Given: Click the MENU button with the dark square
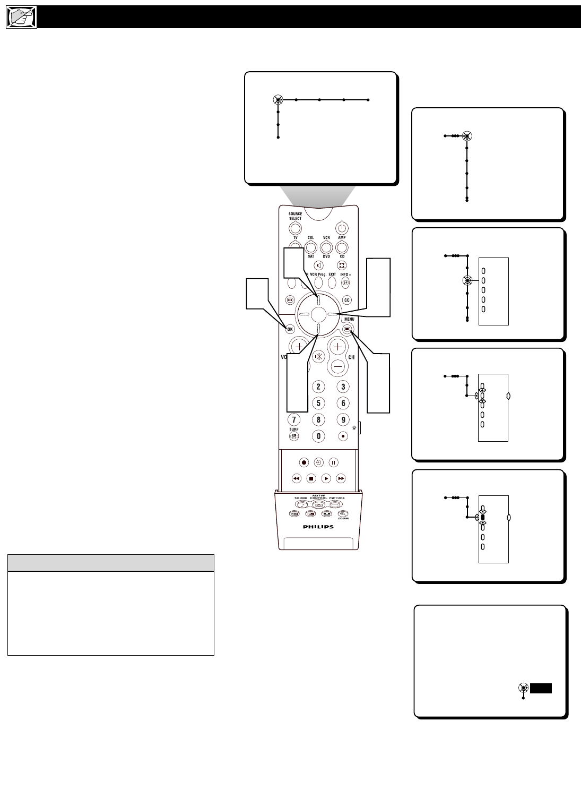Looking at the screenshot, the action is tap(348, 329).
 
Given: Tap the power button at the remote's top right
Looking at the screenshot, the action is tap(342, 228).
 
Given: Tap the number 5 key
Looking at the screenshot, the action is tap(318, 403).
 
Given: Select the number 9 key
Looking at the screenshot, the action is tap(343, 419).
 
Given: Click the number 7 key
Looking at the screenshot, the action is tap(294, 419).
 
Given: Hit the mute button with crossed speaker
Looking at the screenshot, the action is tap(318, 357).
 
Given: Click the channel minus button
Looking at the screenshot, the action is tap(337, 366).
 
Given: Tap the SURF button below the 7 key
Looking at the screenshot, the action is tap(294, 436).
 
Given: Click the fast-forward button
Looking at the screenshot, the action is tap(341, 478).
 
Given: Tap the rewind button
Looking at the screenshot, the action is tap(297, 478).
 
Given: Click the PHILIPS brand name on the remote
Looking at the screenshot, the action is tap(318, 527).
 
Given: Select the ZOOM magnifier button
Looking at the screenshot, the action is tap(343, 513).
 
